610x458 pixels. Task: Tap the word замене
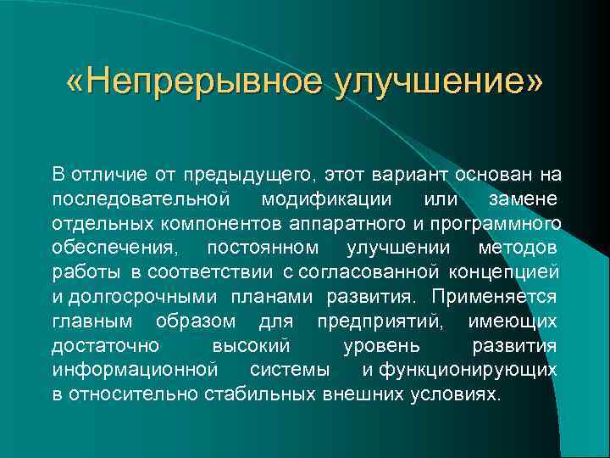[523, 199]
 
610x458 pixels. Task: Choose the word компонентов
[221, 224]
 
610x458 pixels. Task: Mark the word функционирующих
[469, 370]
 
